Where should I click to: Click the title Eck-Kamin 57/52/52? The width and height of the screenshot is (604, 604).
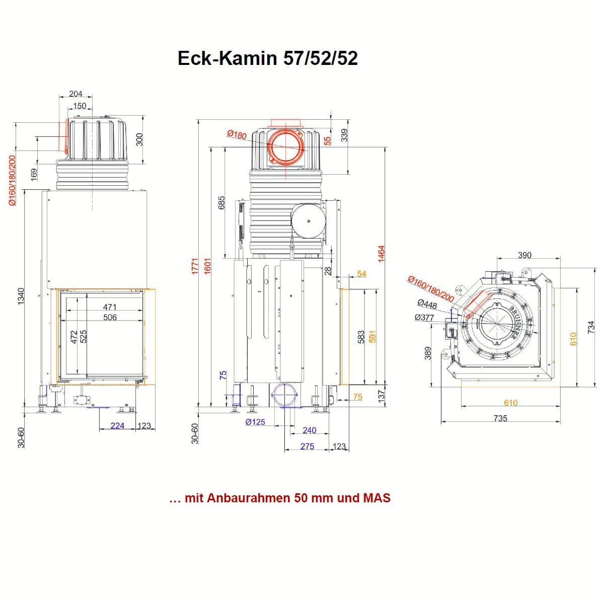click(x=267, y=58)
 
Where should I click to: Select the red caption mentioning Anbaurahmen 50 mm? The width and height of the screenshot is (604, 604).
click(x=280, y=498)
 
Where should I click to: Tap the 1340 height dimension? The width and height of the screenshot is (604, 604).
click(x=21, y=296)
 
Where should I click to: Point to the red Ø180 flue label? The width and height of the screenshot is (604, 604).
click(x=237, y=134)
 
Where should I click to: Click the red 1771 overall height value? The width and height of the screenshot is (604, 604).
click(x=195, y=266)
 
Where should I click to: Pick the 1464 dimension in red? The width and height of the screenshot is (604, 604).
click(x=381, y=254)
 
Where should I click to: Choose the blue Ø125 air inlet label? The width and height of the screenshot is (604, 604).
click(x=255, y=422)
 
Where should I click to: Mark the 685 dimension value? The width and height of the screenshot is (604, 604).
click(x=221, y=203)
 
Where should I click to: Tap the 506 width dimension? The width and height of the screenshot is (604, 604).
click(x=110, y=317)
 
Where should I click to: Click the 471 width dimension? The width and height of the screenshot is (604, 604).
click(x=110, y=307)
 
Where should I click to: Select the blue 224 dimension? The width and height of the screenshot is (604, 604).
click(x=117, y=426)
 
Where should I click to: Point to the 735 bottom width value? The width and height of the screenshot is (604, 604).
click(x=500, y=418)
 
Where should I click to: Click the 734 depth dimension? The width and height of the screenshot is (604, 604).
click(x=590, y=327)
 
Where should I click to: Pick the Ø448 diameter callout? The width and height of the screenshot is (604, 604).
click(x=427, y=304)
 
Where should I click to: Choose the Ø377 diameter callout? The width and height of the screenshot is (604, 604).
click(x=424, y=318)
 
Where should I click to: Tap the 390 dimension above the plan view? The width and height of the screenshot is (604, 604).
click(x=524, y=256)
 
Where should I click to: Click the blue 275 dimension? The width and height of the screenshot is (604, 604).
click(x=307, y=446)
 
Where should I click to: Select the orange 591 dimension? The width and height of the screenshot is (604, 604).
click(x=372, y=337)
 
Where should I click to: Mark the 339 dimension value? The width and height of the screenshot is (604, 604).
click(x=344, y=135)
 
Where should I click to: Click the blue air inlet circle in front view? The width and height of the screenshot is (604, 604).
click(x=284, y=395)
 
